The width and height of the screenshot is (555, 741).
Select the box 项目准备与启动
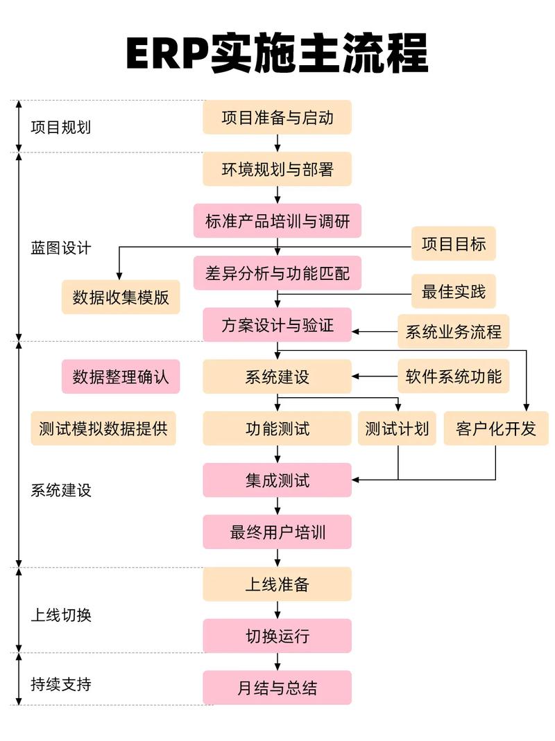pyautogui.click(x=277, y=117)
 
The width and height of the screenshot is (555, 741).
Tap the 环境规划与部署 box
pyautogui.click(x=277, y=169)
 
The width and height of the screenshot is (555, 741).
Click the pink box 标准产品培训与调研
pyautogui.click(x=277, y=221)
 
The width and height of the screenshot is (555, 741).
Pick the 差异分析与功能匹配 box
pyautogui.click(x=277, y=273)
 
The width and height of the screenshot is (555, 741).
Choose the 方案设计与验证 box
pyautogui.click(x=277, y=325)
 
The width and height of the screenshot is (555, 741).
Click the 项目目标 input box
pyautogui.click(x=454, y=243)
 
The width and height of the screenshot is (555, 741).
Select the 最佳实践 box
pyautogui.click(x=454, y=292)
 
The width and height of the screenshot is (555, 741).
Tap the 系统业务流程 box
pyautogui.click(x=453, y=331)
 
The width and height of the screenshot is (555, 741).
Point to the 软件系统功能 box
pyautogui.click(x=453, y=376)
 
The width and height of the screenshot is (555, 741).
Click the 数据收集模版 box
pyautogui.click(x=121, y=297)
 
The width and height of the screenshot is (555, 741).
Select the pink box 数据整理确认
pyautogui.click(x=121, y=376)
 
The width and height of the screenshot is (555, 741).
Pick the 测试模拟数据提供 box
pyautogui.click(x=103, y=428)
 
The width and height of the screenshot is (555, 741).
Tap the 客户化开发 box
pyautogui.click(x=495, y=428)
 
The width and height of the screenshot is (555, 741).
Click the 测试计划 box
pyautogui.click(x=398, y=428)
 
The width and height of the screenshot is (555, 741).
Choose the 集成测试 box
pyautogui.click(x=277, y=480)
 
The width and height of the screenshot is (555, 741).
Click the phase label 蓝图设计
pyautogui.click(x=60, y=247)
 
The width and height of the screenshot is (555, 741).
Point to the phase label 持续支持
pyautogui.click(x=60, y=684)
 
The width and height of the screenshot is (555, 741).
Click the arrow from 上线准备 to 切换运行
pyautogui.click(x=277, y=610)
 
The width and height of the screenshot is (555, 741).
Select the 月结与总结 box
pyautogui.click(x=277, y=688)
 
